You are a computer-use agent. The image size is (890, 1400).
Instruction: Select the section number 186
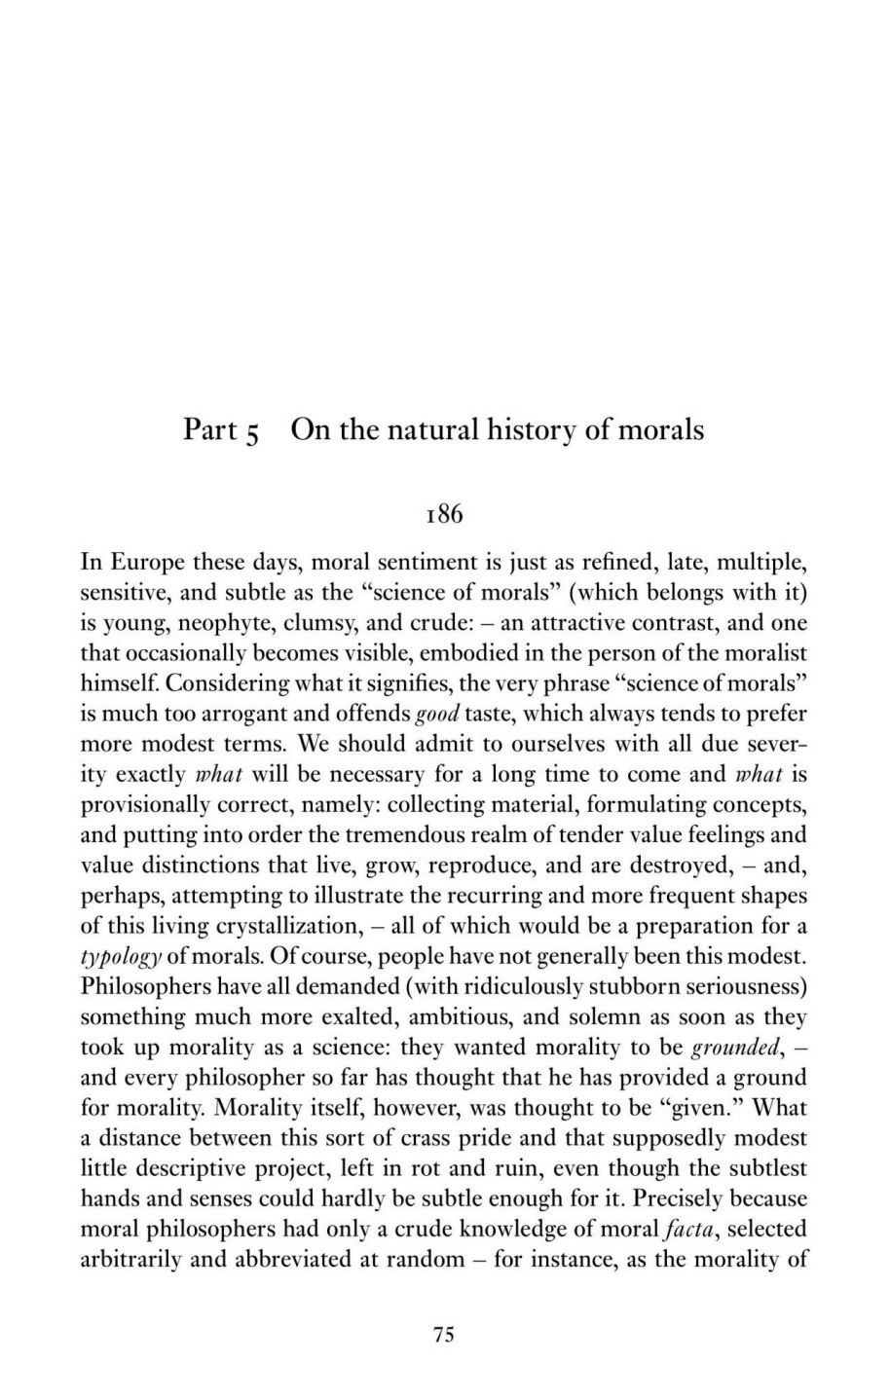coord(444,514)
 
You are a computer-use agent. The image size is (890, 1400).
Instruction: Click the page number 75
coord(444,1335)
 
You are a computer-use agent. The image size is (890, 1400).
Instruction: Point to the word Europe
coord(145,562)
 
